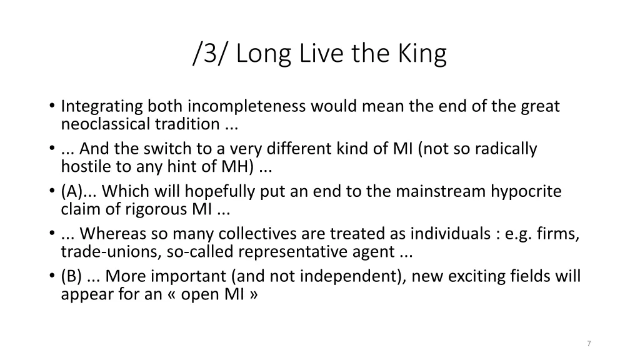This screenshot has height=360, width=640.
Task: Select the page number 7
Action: pos(589,344)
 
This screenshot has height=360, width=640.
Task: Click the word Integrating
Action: pos(102,107)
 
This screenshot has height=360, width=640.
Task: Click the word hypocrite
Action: pos(526,192)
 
